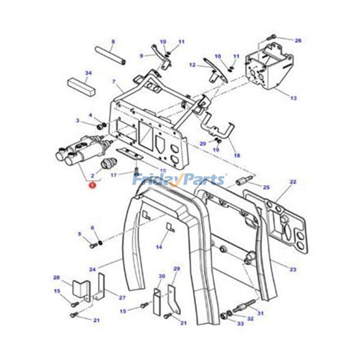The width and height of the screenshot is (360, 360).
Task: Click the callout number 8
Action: click(x=113, y=41)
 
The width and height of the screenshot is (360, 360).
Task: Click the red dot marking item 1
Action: click(x=91, y=184)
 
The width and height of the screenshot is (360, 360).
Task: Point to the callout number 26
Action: click(x=297, y=40)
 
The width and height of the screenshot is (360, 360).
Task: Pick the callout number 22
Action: click(x=293, y=182)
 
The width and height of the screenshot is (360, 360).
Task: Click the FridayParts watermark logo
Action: click(x=179, y=180)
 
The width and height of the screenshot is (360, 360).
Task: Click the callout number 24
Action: click(x=92, y=270)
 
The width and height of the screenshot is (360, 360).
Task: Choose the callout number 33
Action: click(x=240, y=323)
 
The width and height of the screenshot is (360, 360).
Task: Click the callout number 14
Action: click(x=159, y=247)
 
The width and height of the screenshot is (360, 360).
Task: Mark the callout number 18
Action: click(x=237, y=155)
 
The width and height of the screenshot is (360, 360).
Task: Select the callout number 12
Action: click(x=192, y=65)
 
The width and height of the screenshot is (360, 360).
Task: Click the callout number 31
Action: click(x=260, y=313)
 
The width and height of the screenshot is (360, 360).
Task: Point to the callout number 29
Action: click(x=176, y=269)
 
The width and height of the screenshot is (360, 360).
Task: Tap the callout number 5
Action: click(x=80, y=234)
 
